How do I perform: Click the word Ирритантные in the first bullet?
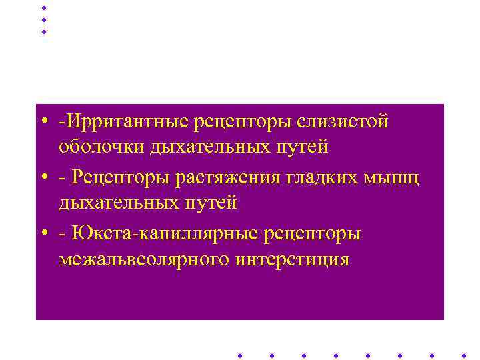tap(125, 123)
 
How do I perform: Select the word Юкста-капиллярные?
tap(165, 235)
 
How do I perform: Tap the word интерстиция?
tap(292, 258)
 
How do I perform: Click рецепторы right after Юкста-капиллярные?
tap(313, 235)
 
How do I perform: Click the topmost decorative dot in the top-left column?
tap(44, 7)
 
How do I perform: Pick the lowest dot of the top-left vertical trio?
tap(44, 31)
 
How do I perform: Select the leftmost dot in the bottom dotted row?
tap(239, 355)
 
